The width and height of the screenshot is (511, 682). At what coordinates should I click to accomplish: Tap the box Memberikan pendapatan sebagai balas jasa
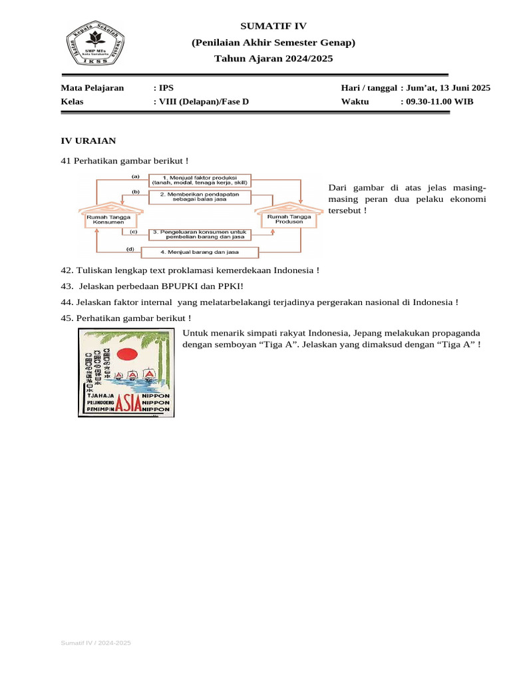click(x=200, y=196)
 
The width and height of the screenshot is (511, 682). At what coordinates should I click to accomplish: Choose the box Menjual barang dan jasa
click(x=200, y=252)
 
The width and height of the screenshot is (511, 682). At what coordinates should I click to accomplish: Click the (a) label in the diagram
click(x=136, y=176)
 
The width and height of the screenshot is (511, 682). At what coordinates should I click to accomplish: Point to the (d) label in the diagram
click(x=131, y=249)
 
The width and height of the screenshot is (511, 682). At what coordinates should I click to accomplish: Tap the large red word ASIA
click(x=128, y=403)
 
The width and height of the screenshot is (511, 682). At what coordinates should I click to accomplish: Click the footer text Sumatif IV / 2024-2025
click(x=96, y=643)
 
